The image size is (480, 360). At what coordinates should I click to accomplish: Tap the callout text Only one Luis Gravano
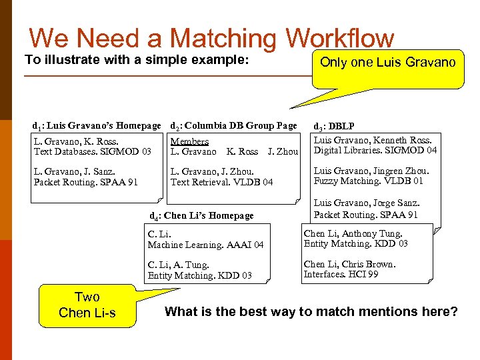coord(387,63)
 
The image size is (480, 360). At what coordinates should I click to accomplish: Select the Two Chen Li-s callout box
coord(87,305)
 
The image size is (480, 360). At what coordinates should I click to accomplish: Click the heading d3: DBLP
coord(334,125)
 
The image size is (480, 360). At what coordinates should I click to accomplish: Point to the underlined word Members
coord(189,141)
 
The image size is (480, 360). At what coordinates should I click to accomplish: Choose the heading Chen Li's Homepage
coord(208,215)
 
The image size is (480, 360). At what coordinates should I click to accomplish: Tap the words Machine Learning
coord(184,245)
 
